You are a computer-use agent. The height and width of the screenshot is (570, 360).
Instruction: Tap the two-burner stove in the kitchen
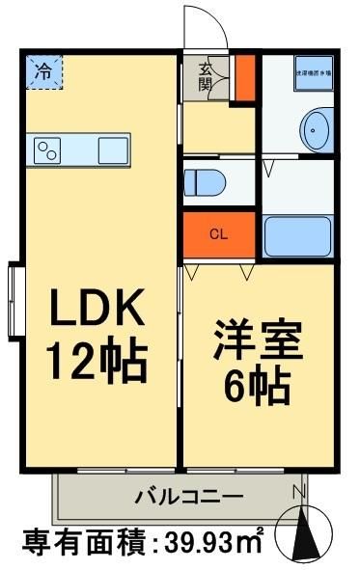pyautogui.click(x=48, y=149)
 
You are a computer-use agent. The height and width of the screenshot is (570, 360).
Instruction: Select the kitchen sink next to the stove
pyautogui.click(x=112, y=149)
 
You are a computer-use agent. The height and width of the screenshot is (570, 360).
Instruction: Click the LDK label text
pyautogui.click(x=97, y=311)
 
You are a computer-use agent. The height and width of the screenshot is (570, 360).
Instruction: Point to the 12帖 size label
pyautogui.click(x=97, y=362)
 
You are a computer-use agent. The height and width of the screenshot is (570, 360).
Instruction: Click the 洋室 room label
pyautogui.click(x=258, y=342)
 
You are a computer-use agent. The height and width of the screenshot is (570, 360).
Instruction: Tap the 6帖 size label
pyautogui.click(x=259, y=389)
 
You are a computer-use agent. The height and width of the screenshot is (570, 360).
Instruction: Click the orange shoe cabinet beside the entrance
pyautogui.click(x=245, y=80)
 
